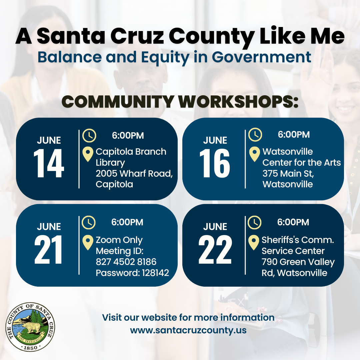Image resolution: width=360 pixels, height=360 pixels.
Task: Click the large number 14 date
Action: [x=49, y=163]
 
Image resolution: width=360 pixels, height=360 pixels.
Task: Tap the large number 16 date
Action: [x=215, y=163]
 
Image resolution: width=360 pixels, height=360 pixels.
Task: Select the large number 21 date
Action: [x=48, y=250]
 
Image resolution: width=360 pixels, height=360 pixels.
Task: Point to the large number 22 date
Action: [x=215, y=250]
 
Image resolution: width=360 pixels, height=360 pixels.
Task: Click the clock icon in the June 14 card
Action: [x=89, y=135]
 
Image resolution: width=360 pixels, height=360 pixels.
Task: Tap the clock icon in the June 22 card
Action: [x=254, y=222]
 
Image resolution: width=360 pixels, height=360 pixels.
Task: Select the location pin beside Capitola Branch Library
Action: [x=88, y=154]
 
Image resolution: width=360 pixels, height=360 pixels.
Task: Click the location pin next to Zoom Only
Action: [x=88, y=242]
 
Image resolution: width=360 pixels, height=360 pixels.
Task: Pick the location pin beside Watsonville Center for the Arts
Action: [x=254, y=154]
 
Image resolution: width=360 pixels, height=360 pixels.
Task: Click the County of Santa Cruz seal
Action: [x=30, y=327]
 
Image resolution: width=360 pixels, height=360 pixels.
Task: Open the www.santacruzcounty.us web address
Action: [x=188, y=330]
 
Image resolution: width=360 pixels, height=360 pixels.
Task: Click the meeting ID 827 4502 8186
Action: [x=126, y=262]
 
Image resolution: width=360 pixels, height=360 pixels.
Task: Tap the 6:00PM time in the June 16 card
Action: [x=294, y=135]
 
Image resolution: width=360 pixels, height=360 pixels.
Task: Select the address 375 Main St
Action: [x=288, y=174]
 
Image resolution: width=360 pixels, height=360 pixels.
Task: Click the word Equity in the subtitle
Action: [x=165, y=57]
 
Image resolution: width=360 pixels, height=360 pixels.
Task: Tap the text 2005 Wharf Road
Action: [x=134, y=174]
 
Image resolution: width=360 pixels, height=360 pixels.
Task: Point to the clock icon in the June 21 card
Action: [x=89, y=222]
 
